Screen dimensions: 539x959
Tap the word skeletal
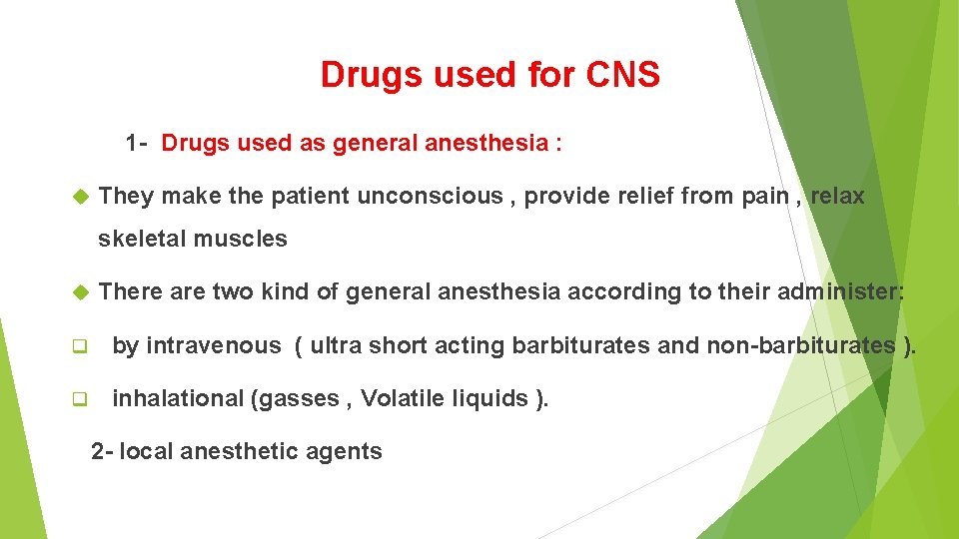[x=142, y=239]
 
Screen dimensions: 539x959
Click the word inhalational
[x=176, y=398]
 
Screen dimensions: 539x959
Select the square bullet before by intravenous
[x=79, y=346]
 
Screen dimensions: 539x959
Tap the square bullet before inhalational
[x=79, y=399]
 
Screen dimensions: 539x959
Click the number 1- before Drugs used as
[x=137, y=143]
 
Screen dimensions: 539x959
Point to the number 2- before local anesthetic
[x=102, y=451]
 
